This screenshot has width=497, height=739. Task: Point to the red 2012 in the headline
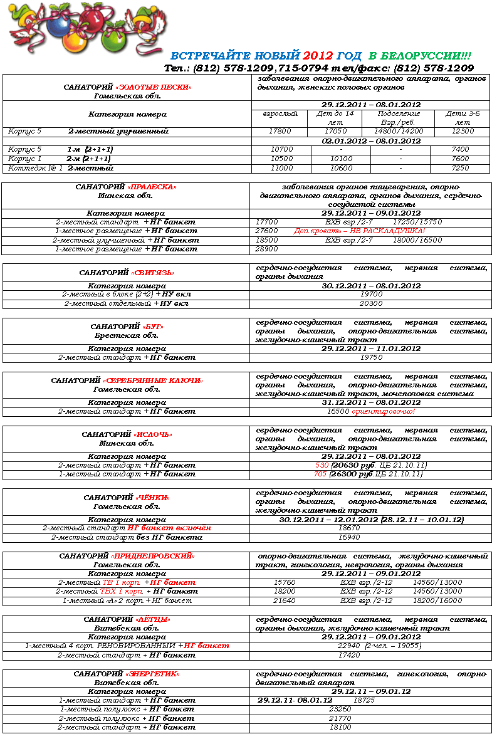[318, 56]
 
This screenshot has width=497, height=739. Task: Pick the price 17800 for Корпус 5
[280, 132]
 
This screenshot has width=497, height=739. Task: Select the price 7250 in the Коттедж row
[459, 168]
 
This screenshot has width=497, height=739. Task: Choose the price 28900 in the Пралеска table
[267, 249]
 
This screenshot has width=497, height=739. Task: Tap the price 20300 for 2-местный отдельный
[371, 303]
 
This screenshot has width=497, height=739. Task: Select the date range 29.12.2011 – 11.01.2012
[371, 349]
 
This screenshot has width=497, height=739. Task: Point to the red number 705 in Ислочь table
[320, 474]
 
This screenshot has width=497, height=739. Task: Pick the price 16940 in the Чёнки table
[349, 538]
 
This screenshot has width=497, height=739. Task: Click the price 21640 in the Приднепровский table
[285, 600]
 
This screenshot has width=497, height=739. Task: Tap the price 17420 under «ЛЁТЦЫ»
[349, 655]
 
